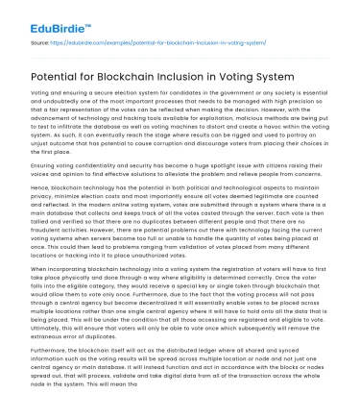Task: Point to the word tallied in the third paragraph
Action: [x=42, y=254]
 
